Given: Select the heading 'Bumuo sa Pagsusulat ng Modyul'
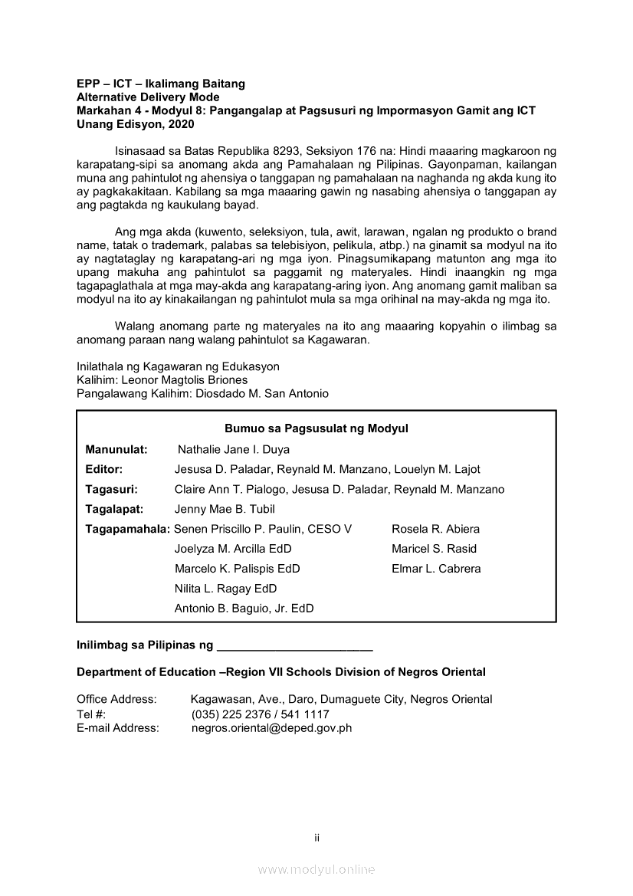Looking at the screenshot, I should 316,428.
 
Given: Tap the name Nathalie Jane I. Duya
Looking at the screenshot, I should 234,449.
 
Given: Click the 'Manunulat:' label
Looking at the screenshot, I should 116,449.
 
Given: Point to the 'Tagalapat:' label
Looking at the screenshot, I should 116,509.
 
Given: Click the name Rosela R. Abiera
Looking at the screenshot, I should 435,529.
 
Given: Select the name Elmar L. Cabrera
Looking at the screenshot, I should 436,569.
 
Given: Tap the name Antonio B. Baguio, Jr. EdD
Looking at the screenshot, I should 244,609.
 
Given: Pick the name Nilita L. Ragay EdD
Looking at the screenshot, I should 225,589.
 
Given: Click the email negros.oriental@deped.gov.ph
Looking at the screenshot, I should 271,728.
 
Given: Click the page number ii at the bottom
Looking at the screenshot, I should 316,837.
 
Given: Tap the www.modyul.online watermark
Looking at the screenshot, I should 316,869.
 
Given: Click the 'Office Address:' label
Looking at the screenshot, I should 116,699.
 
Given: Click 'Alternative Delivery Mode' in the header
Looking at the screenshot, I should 148,97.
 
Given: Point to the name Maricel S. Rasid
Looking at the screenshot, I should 434,549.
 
